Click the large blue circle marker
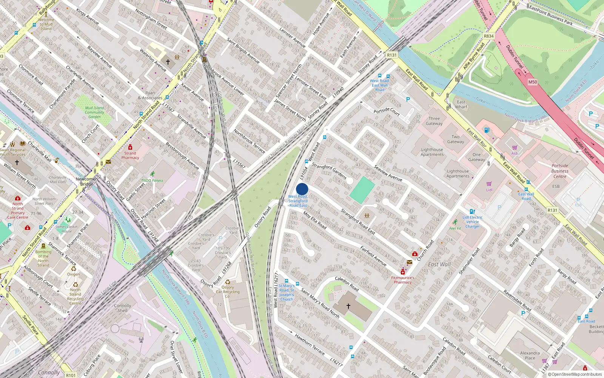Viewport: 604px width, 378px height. (302, 189)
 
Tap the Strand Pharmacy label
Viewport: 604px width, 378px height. (130, 155)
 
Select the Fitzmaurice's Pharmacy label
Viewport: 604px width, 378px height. (402, 280)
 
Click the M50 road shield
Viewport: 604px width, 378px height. (533, 82)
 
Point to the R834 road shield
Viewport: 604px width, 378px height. (488, 36)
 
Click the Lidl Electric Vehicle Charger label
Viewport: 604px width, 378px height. (473, 222)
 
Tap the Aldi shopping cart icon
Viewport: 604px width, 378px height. (515, 148)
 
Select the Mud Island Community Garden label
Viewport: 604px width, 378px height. (94, 112)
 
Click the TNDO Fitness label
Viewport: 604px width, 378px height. (153, 180)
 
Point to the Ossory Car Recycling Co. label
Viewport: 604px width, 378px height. (228, 291)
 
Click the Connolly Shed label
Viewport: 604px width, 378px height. (123, 308)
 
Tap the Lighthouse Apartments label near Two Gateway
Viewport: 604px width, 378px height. (432, 152)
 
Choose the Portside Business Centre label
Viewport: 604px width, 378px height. (560, 171)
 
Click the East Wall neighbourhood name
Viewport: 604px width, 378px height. (439, 265)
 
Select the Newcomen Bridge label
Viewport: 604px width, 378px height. (86, 181)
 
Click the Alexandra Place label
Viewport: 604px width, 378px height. (530, 355)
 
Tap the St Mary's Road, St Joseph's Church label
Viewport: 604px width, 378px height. (287, 293)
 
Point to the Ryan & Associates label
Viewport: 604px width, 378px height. (150, 95)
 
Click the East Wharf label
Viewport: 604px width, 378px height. (461, 104)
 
